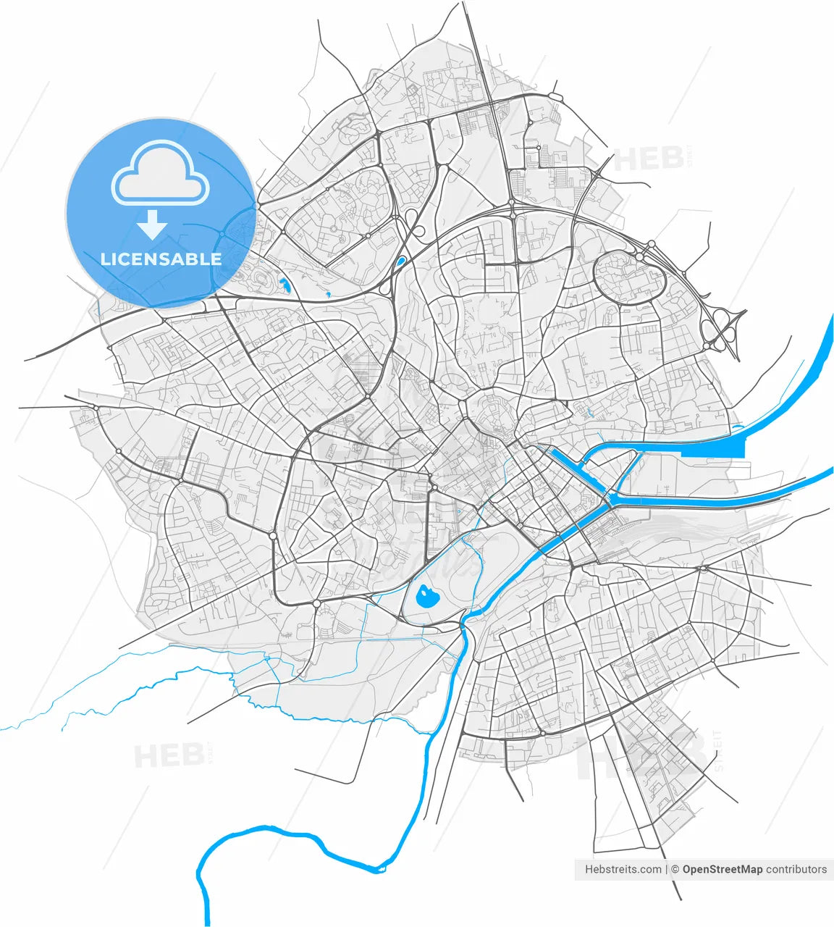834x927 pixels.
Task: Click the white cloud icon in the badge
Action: tap(160, 173)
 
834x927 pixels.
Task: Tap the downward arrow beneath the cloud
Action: tap(152, 225)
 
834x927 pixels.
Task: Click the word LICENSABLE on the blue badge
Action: tap(161, 259)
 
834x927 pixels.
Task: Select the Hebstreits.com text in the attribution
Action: tap(623, 869)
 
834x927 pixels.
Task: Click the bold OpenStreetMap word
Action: tap(722, 869)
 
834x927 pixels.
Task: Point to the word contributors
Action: tap(796, 869)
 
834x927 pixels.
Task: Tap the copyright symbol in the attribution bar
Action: tap(675, 869)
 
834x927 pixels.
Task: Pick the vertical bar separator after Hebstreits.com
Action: tap(666, 869)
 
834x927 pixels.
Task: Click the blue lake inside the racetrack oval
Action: tap(426, 598)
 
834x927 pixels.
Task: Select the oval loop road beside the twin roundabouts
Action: tap(629, 276)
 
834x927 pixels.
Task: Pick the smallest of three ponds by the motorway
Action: tap(328, 294)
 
